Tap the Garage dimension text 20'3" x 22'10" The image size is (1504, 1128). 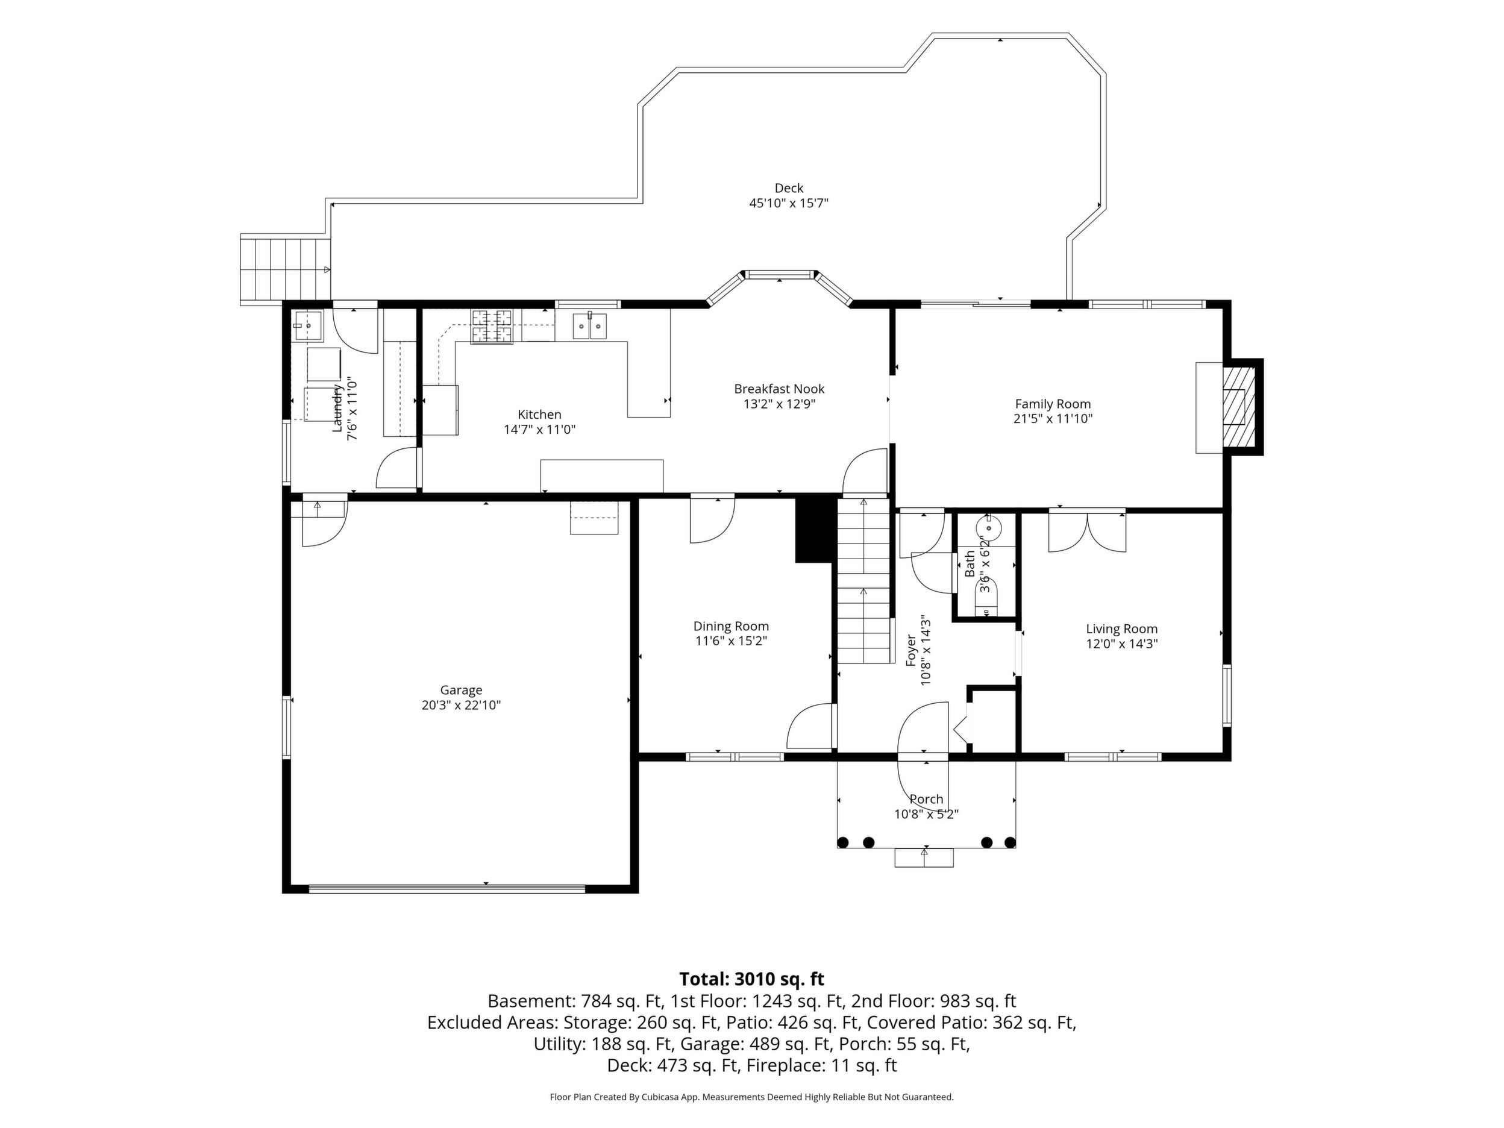pyautogui.click(x=461, y=705)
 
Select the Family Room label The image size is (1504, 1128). pyautogui.click(x=1053, y=404)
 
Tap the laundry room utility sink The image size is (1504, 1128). pyautogui.click(x=309, y=327)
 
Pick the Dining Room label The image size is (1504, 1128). pyautogui.click(x=731, y=626)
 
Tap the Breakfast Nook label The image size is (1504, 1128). pyautogui.click(x=779, y=389)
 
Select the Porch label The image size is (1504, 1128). pyautogui.click(x=926, y=800)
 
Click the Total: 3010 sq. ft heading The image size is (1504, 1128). pyautogui.click(x=751, y=979)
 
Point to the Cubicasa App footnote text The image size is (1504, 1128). pyautogui.click(x=751, y=1097)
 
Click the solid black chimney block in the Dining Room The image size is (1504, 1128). pyautogui.click(x=814, y=530)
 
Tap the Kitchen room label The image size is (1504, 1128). pyautogui.click(x=539, y=414)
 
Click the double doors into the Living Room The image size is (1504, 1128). pyautogui.click(x=1087, y=530)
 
